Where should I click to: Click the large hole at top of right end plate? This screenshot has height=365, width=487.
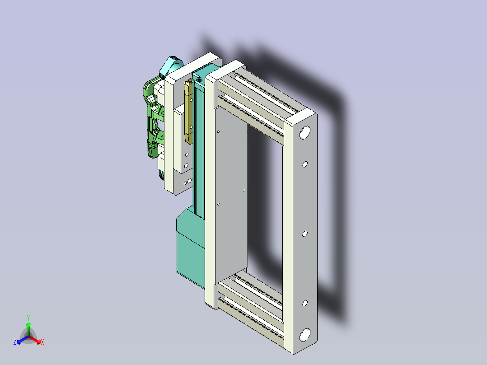click(x=305, y=132)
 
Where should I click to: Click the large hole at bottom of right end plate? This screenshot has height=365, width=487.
click(x=305, y=335)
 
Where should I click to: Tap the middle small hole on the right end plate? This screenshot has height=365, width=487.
click(x=304, y=234)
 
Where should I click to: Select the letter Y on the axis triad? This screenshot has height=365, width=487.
click(x=28, y=318)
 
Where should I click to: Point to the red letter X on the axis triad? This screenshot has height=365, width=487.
click(x=42, y=342)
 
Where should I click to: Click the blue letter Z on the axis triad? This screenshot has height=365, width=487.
click(x=15, y=342)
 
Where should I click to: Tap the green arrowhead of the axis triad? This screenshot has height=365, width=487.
click(x=28, y=324)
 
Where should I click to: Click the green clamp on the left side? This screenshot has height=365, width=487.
click(x=153, y=118)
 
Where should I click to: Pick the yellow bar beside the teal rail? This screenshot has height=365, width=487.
click(x=188, y=112)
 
